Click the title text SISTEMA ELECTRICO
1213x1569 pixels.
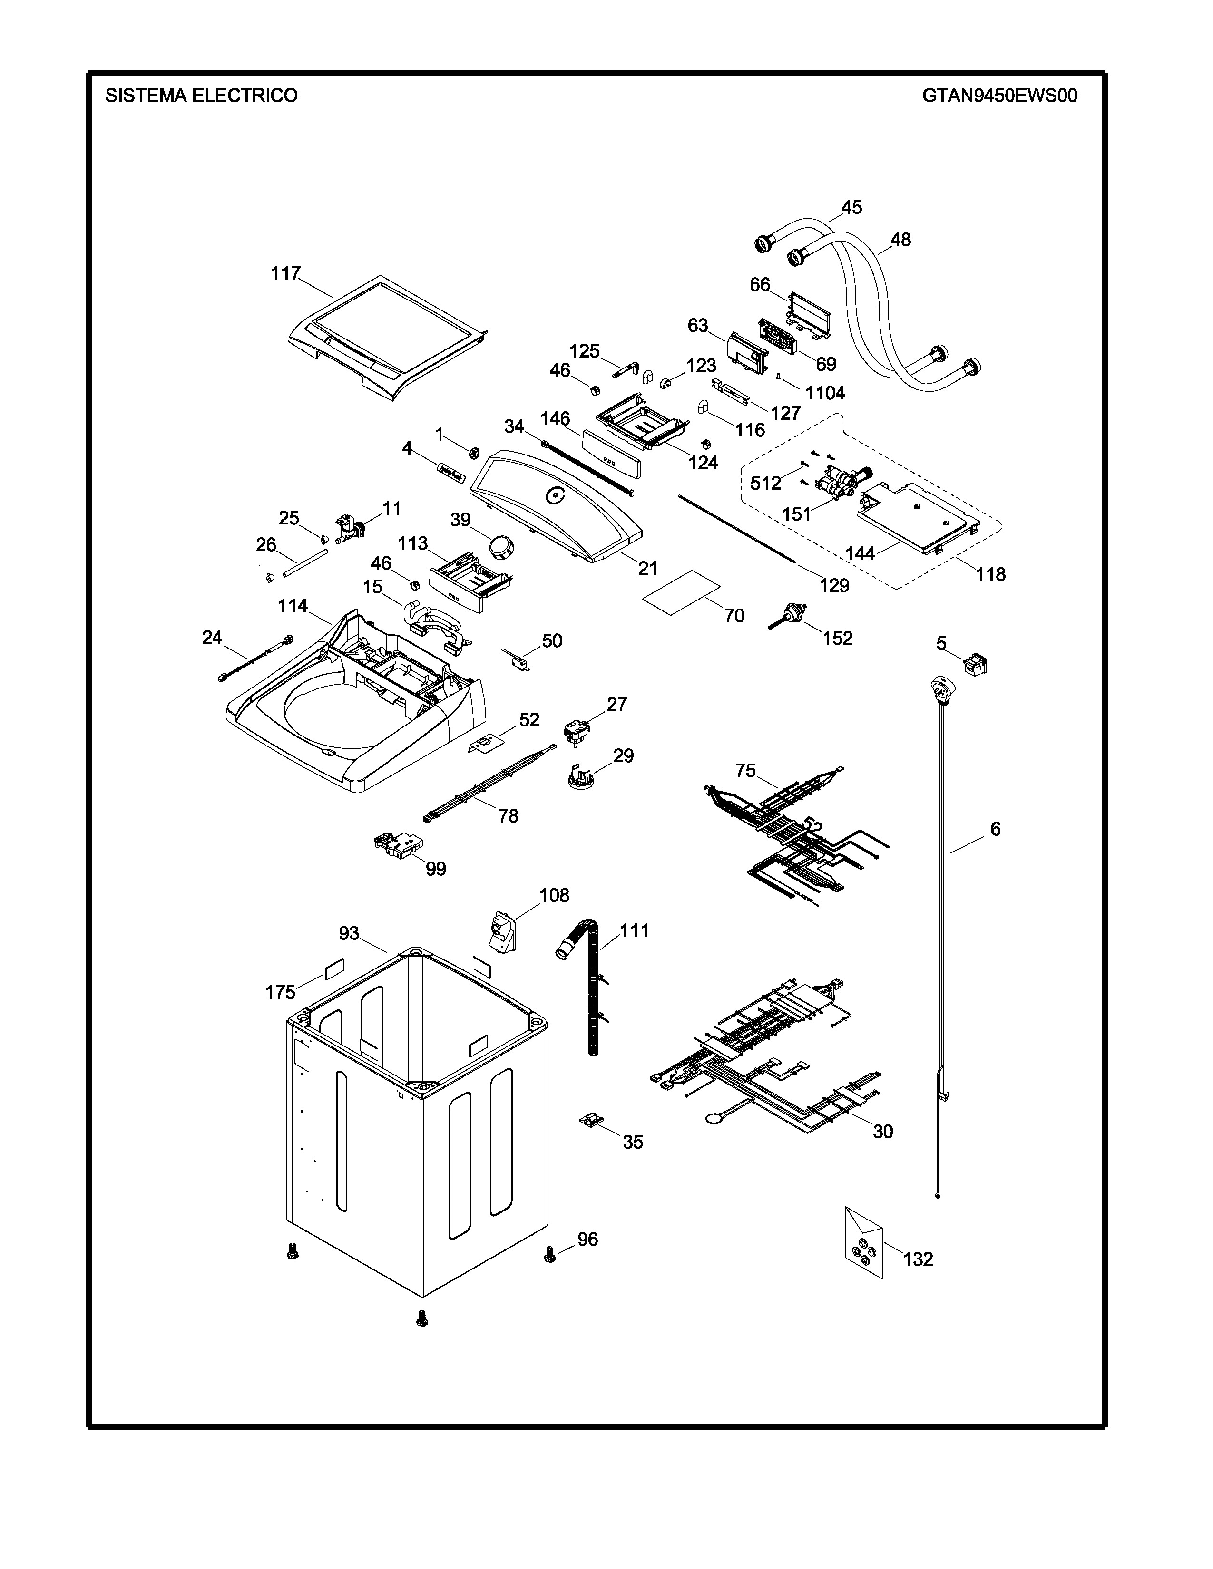pos(201,96)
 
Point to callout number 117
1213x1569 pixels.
pos(285,274)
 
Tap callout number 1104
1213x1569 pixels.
pos(825,393)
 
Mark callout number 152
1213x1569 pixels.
pos(837,638)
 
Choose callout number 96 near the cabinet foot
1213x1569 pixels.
pos(588,1239)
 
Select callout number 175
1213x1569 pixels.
pos(280,992)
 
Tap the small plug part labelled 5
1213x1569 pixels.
pos(975,665)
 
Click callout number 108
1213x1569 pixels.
pos(554,895)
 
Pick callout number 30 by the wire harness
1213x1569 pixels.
pos(882,1132)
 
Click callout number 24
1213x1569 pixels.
pos(212,637)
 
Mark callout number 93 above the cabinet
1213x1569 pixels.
pos(349,933)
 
